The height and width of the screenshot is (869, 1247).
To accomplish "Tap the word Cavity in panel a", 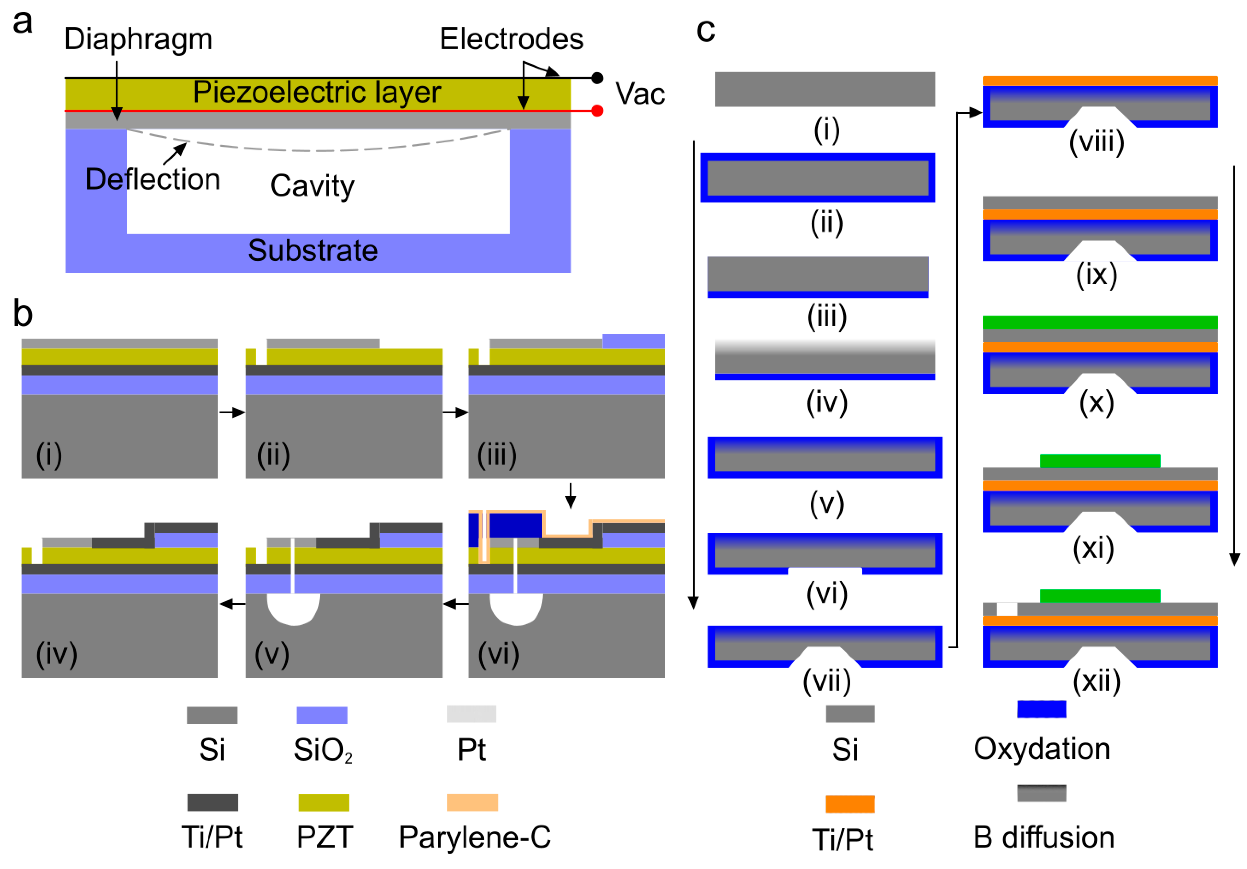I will pyautogui.click(x=312, y=186).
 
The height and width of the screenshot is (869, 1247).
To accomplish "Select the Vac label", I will pyautogui.click(x=640, y=94).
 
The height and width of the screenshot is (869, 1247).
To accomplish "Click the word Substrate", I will pyautogui.click(x=313, y=250).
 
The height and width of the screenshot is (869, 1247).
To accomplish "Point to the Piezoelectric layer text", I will pyautogui.click(x=317, y=92).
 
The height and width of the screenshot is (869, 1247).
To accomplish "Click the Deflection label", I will pyautogui.click(x=153, y=180).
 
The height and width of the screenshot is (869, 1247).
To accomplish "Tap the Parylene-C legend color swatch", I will pyautogui.click(x=472, y=802).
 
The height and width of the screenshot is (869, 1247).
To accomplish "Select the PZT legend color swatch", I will pyautogui.click(x=324, y=802).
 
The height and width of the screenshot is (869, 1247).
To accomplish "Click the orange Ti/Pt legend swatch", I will pyautogui.click(x=850, y=804).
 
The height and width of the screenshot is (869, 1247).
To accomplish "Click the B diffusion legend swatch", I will pyautogui.click(x=1041, y=793).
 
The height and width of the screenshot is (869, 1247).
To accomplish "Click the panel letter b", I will pyautogui.click(x=23, y=313).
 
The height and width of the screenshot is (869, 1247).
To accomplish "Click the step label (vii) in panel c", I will pyautogui.click(x=827, y=681).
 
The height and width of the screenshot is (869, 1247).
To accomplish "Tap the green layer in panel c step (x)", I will pyautogui.click(x=1100, y=322).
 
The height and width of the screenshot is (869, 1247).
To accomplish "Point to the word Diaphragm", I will pyautogui.click(x=139, y=39).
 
